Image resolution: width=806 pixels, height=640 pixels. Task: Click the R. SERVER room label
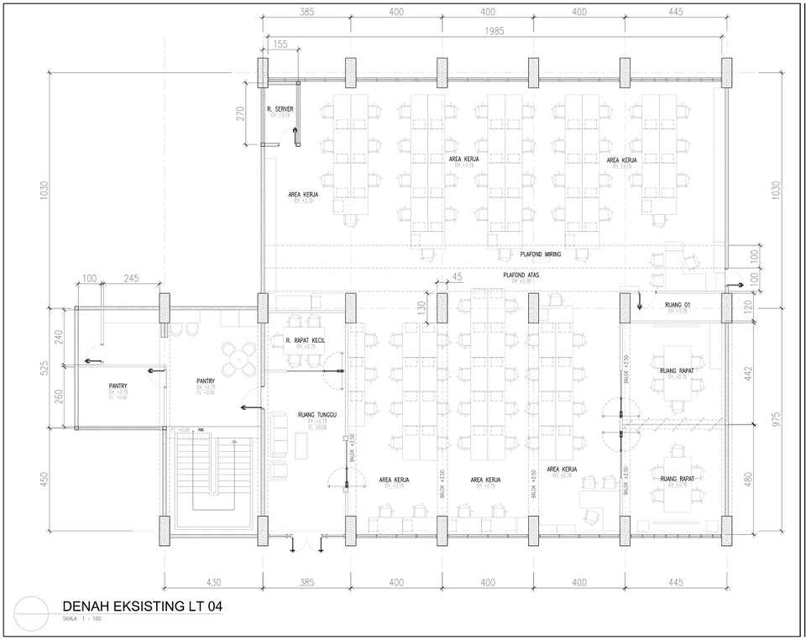[280, 110]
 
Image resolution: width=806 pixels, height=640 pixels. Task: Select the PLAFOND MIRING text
[541, 254]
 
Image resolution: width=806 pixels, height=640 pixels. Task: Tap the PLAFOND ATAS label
[522, 275]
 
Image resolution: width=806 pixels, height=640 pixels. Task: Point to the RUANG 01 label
[677, 304]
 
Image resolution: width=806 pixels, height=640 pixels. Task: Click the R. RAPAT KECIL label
[305, 340]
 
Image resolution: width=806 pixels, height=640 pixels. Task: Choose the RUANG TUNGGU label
[317, 414]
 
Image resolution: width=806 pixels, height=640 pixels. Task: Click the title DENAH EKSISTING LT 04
[142, 605]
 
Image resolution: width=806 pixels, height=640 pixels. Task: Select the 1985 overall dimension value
[495, 31]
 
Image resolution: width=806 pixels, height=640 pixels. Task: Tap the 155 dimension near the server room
[280, 45]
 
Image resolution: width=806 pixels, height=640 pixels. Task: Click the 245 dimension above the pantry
[131, 278]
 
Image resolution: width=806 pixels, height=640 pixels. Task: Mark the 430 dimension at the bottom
[212, 582]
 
